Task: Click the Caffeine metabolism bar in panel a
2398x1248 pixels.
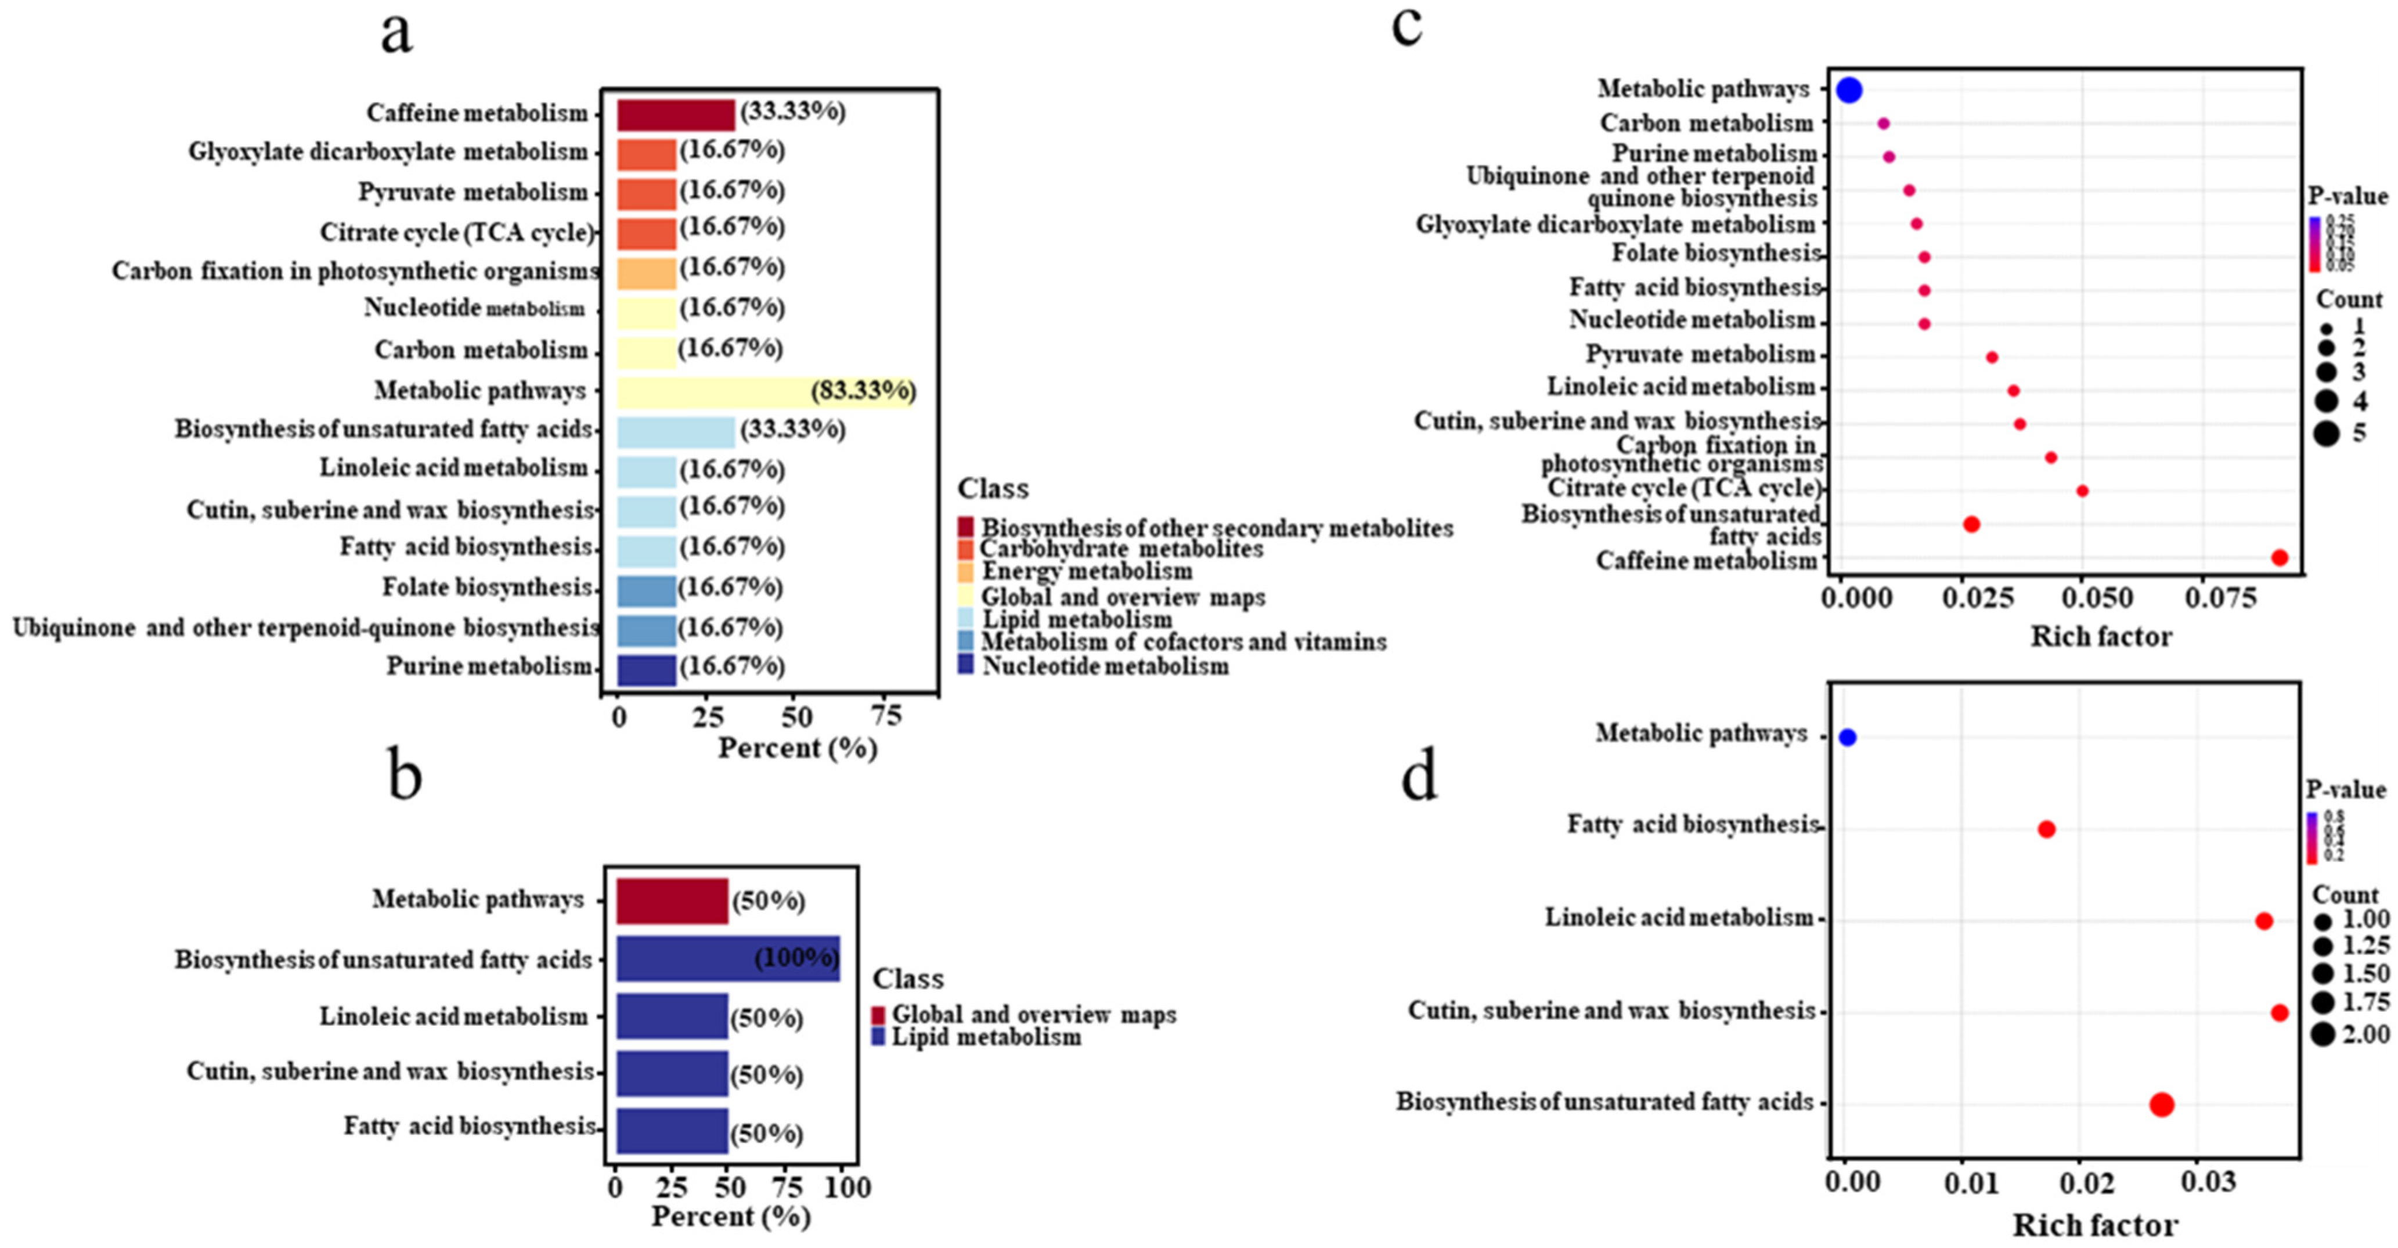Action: point(675,114)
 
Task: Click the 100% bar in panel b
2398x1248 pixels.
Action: point(727,958)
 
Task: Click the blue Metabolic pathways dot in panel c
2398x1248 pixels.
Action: point(1849,91)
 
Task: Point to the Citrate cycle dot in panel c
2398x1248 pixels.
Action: point(2082,490)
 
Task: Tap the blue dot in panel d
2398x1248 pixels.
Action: point(1848,738)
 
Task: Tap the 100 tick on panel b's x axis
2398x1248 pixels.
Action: point(847,1188)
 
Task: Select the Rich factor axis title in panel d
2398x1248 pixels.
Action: point(2094,1224)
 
